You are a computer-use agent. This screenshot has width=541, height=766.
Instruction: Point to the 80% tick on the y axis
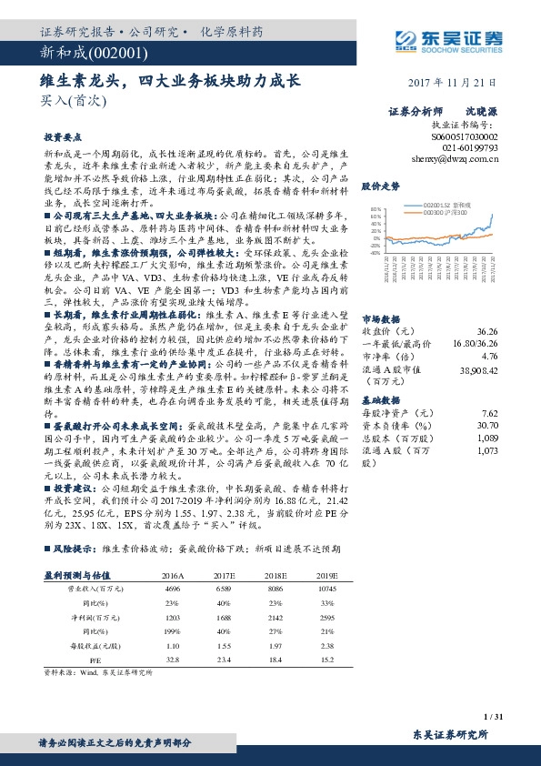pyautogui.click(x=374, y=208)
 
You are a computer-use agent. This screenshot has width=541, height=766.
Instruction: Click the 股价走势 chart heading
pyautogui.click(x=381, y=186)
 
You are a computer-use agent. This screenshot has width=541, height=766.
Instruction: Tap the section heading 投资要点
pyautogui.click(x=59, y=136)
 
